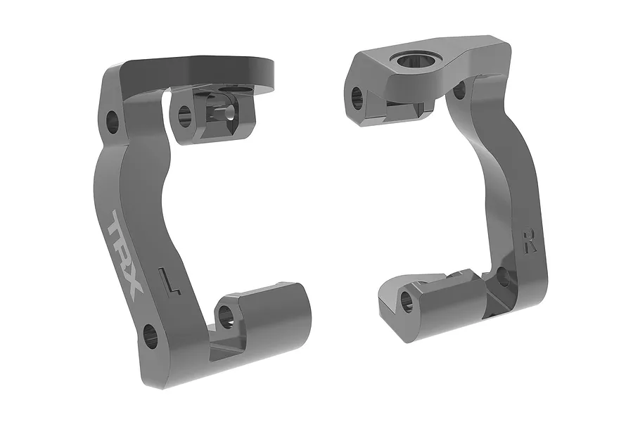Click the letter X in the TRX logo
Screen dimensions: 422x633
[134, 281]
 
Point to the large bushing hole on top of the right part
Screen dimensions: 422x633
[411, 61]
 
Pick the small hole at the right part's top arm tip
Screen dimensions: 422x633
[358, 96]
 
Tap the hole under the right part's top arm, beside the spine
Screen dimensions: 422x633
[459, 89]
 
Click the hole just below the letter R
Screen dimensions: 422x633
[504, 278]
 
